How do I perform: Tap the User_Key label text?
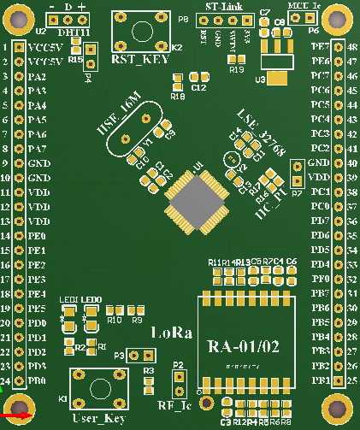(99, 418)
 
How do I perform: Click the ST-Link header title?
(224, 6)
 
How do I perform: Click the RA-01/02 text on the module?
(243, 347)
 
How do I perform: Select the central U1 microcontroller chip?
(195, 203)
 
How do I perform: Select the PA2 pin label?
(37, 77)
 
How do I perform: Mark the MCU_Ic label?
(304, 6)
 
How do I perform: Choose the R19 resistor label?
(237, 69)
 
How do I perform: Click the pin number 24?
(5, 380)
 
